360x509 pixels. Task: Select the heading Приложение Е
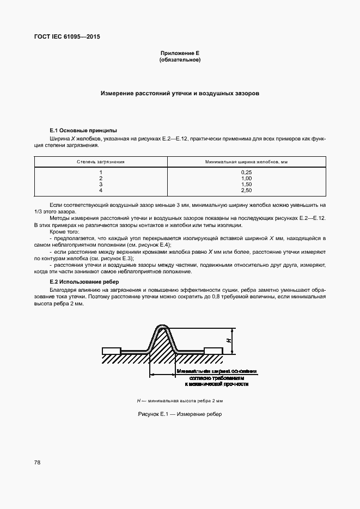point(180,53)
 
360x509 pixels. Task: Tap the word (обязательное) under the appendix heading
point(180,60)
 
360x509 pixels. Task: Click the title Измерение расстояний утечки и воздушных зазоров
point(180,94)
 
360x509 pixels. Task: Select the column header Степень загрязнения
point(101,162)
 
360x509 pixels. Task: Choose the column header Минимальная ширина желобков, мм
point(246,162)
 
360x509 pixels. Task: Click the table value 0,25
point(246,173)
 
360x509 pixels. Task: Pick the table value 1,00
point(246,179)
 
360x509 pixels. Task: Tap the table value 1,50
point(246,185)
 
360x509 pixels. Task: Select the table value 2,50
point(246,191)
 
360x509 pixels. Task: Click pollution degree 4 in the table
point(101,191)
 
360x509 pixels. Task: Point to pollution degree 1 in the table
point(101,173)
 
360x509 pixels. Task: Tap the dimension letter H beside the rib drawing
point(228,341)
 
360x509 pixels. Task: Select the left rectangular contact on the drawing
point(112,350)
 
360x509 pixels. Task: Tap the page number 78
point(37,462)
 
